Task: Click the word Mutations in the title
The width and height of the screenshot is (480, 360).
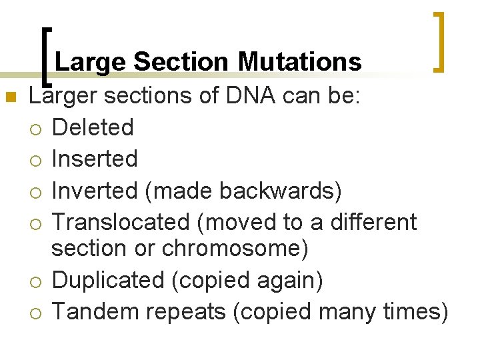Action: (299, 62)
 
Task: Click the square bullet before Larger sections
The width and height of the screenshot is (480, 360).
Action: (9, 98)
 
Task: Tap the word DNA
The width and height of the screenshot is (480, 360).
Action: (251, 96)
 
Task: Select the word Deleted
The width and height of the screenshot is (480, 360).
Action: (93, 127)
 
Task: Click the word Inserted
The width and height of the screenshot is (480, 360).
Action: (95, 159)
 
